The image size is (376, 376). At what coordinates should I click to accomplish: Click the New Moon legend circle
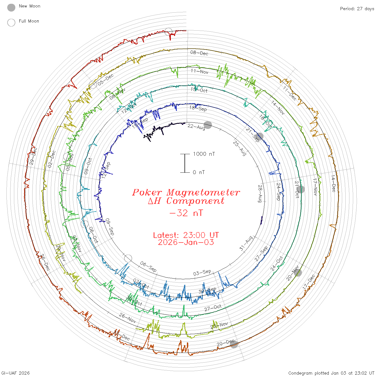point(11,8)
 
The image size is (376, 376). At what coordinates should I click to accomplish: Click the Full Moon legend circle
point(11,23)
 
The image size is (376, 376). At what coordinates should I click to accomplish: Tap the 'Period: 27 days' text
point(357,9)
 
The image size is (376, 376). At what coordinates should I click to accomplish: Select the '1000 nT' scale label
point(204,154)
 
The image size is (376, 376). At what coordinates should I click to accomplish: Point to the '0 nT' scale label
point(199,172)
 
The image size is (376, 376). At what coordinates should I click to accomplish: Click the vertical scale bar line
point(185,163)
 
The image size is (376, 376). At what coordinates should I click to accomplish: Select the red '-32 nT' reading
point(186,213)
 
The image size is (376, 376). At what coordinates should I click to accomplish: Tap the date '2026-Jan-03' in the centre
point(186,242)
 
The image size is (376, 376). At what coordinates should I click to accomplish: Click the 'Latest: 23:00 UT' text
point(186,235)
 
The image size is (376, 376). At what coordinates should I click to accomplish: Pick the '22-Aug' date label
point(196,127)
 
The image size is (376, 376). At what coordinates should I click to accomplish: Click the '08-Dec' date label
point(199,53)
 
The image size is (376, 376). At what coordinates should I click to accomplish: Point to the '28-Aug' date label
point(260,193)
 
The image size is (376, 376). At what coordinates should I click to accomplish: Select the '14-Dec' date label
point(333,183)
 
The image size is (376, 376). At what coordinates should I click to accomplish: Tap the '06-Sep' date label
point(148,266)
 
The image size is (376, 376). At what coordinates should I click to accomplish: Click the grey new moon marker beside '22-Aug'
point(208,125)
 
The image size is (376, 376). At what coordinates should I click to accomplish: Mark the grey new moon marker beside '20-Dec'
point(234,344)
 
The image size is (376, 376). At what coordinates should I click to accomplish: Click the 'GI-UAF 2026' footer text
point(16,373)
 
